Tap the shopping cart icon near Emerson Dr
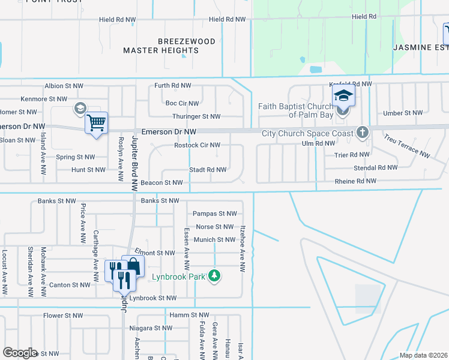[96, 123]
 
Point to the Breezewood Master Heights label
[161, 46]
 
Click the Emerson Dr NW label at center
[169, 131]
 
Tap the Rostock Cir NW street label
[197, 145]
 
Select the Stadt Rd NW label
[208, 170]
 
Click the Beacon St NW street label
[161, 182]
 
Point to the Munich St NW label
[214, 240]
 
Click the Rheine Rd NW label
[355, 181]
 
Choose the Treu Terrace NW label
[408, 146]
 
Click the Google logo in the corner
[20, 353]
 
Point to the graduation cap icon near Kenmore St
[79, 109]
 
